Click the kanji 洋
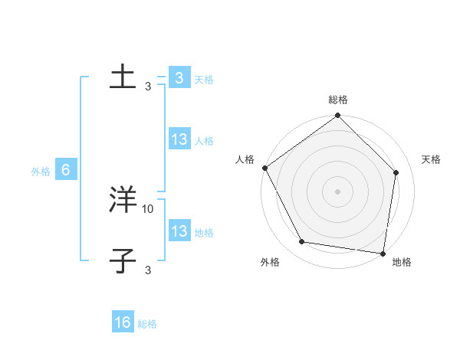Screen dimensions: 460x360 [123, 200]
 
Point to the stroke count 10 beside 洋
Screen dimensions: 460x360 [148, 208]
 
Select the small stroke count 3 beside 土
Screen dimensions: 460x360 [148, 86]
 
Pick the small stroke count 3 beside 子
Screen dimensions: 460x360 [148, 270]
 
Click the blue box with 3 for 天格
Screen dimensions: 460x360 [179, 77]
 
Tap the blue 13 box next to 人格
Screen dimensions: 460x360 [179, 139]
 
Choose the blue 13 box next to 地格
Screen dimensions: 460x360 [179, 231]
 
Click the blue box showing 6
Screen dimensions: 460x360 [66, 170]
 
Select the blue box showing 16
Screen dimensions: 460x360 [123, 322]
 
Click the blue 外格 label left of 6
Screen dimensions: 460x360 [41, 172]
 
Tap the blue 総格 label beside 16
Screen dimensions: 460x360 [147, 324]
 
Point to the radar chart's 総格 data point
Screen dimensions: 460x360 [337, 116]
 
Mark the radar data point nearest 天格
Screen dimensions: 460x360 [396, 172]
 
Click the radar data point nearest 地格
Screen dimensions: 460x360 [383, 253]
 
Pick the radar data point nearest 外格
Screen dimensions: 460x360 [302, 242]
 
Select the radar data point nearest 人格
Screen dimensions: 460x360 [264, 168]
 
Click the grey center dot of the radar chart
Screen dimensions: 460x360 [337, 191]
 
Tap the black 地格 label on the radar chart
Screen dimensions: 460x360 [402, 263]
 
